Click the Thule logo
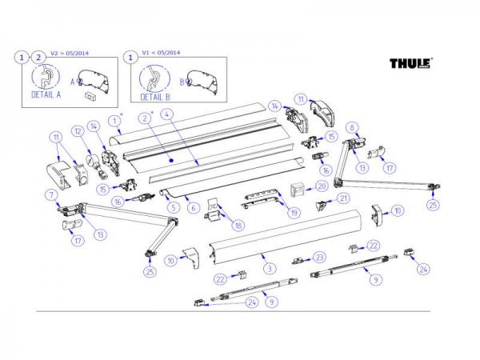coord(410,62)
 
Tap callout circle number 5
coord(172,207)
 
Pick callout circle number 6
coord(193,207)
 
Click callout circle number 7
coord(52,195)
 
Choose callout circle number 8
coord(350,126)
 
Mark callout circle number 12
coord(78,131)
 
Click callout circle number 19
coord(295,213)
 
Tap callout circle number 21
coord(342,198)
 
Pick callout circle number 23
coord(319,257)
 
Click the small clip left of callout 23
coord(300,261)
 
